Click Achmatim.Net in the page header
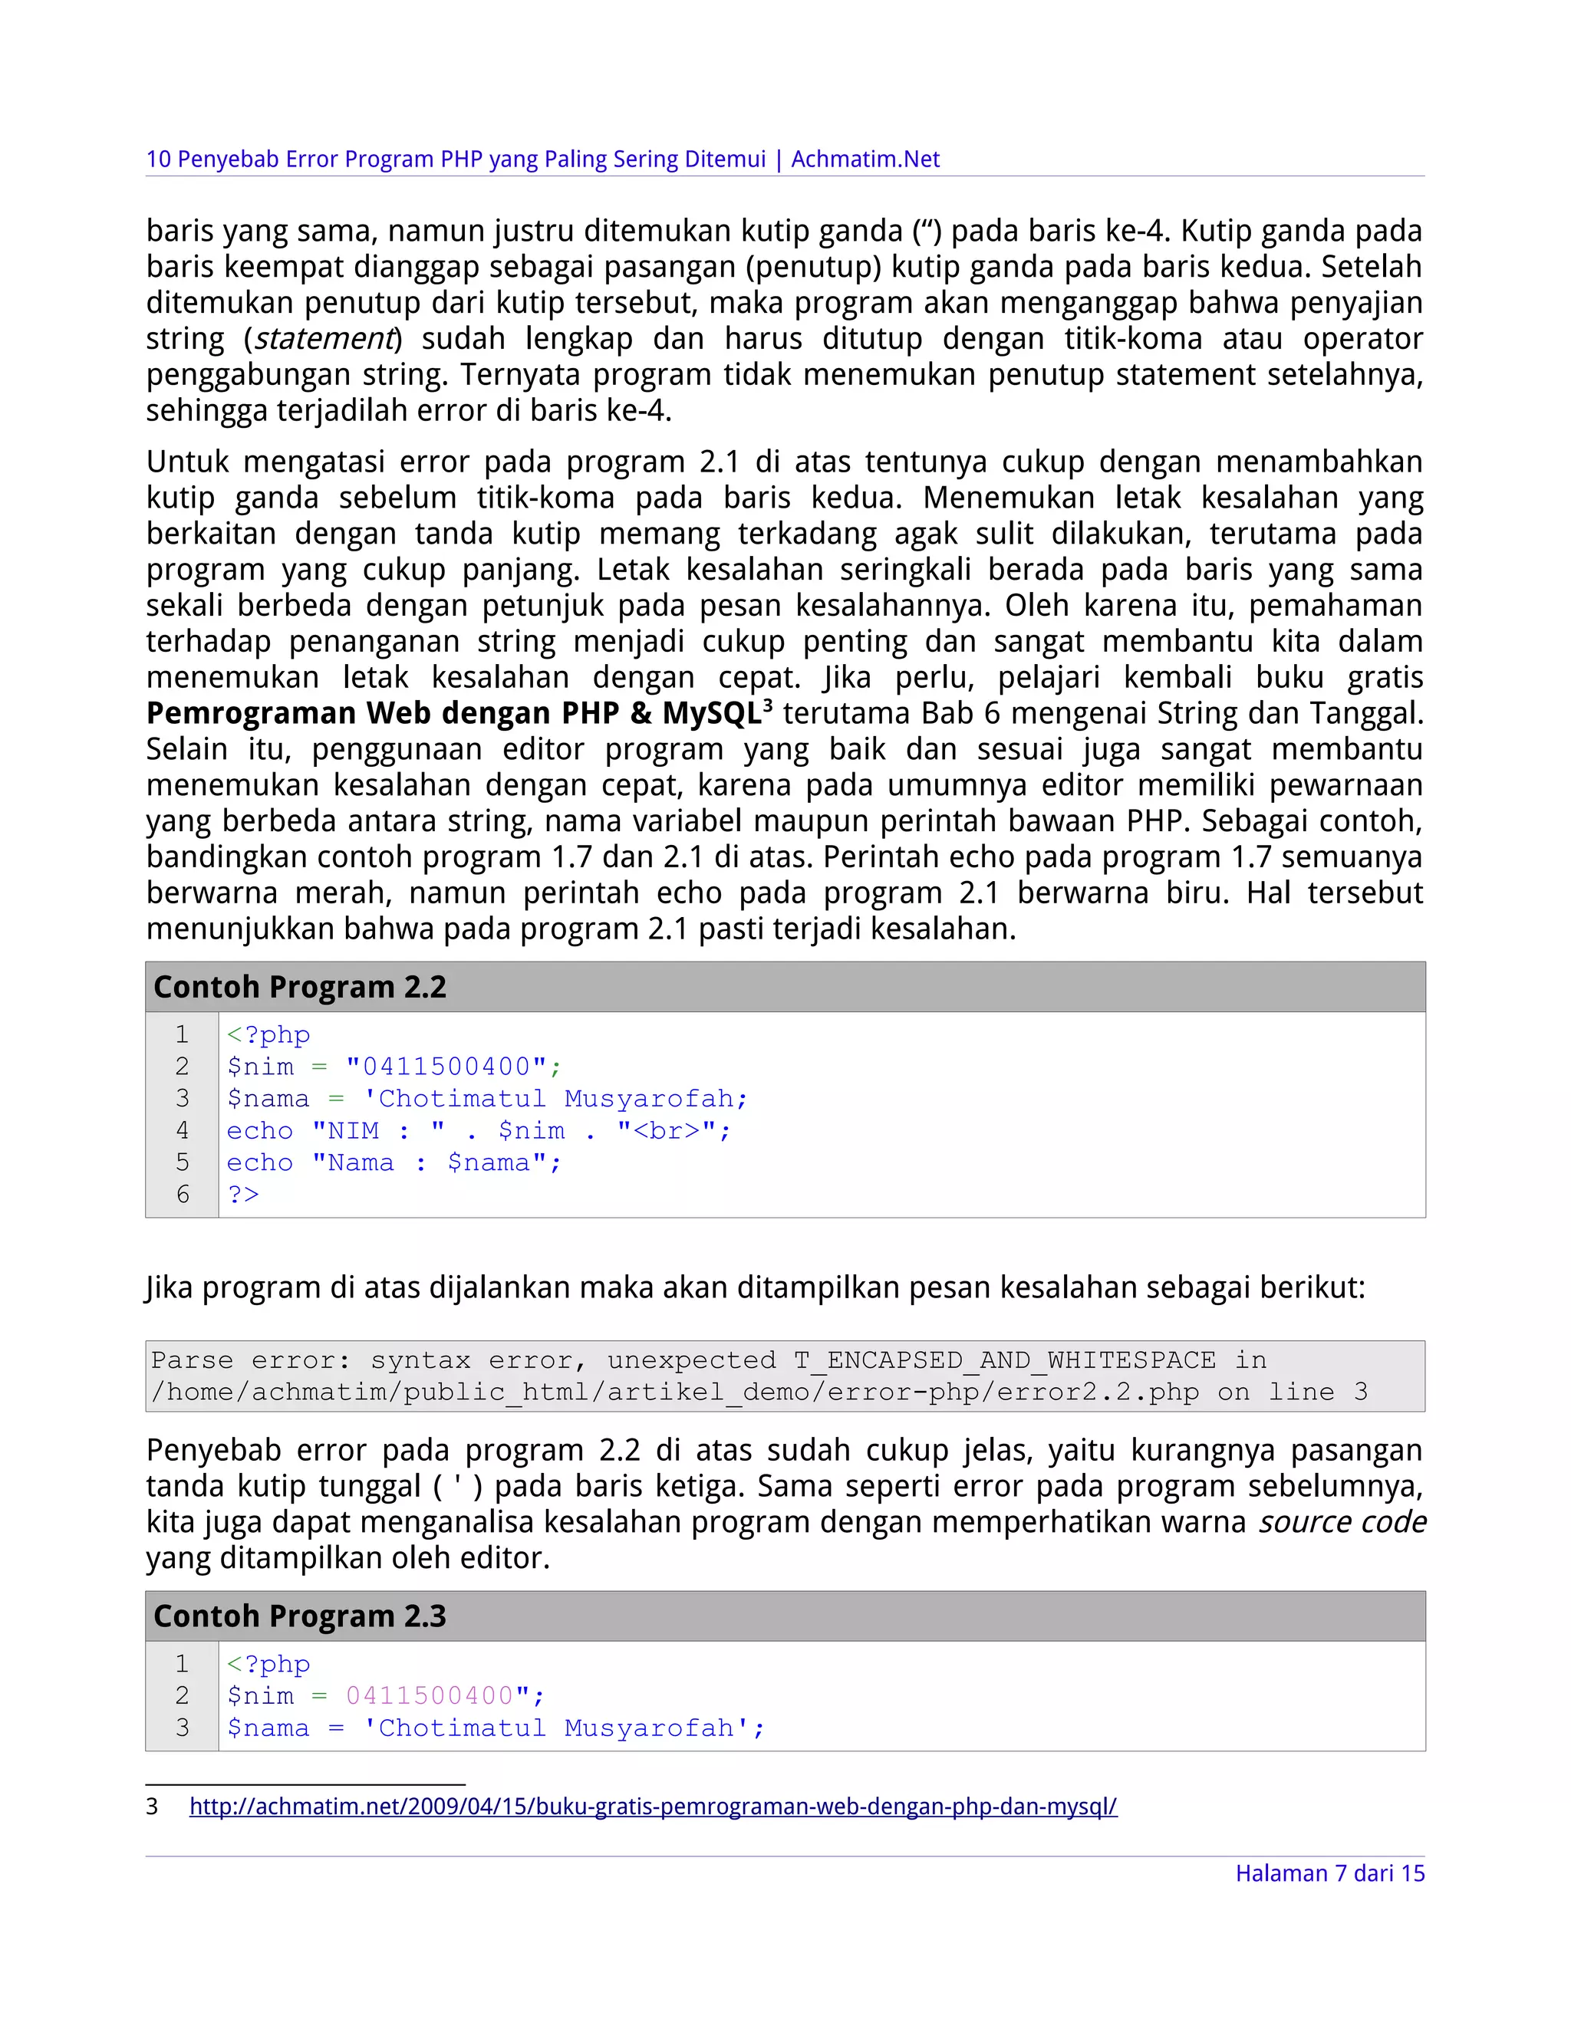[865, 159]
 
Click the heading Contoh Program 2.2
[300, 987]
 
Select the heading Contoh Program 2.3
[300, 1616]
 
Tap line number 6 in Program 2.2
[183, 1194]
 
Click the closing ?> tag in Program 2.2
[243, 1194]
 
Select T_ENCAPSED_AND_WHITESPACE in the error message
[1004, 1360]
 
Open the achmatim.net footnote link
[653, 1807]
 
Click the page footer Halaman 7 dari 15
[1329, 1873]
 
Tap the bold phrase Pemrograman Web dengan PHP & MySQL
[453, 714]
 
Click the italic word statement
[324, 339]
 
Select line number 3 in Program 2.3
[183, 1727]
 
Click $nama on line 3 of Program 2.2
[268, 1099]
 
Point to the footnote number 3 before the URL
[152, 1807]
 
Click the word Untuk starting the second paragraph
[186, 462]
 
